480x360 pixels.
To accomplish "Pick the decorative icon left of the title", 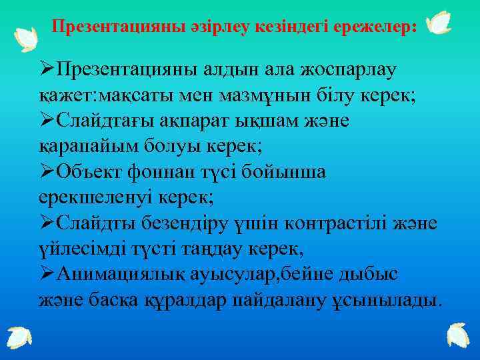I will pos(27,39).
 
